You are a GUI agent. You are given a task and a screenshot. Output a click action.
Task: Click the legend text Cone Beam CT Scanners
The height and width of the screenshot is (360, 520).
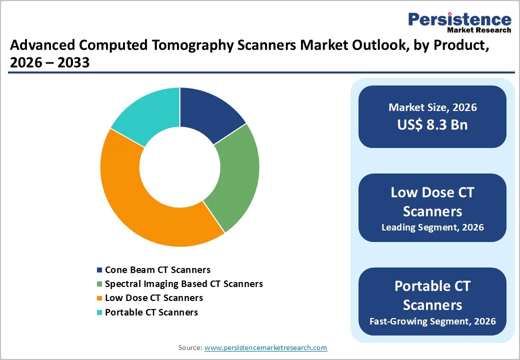tap(157, 270)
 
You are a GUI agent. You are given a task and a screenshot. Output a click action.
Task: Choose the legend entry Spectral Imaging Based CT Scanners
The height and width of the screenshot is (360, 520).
tap(183, 284)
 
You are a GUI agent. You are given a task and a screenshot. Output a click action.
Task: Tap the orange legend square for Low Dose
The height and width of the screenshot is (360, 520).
tap(99, 298)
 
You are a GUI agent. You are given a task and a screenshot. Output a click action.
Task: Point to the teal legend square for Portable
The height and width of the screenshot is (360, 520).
tap(99, 312)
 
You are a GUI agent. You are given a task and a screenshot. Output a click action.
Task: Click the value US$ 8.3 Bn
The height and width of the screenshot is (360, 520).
tap(432, 124)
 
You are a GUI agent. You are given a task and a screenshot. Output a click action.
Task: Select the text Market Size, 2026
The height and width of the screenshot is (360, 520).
tap(432, 107)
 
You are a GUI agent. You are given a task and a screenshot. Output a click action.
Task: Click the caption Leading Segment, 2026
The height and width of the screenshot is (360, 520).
tap(432, 227)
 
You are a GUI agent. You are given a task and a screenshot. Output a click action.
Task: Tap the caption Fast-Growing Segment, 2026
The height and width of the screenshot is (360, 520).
tap(432, 321)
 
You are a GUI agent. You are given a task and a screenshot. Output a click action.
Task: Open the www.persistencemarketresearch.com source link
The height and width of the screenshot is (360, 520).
tap(265, 347)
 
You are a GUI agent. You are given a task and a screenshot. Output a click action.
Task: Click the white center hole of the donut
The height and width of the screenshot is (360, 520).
tap(180, 166)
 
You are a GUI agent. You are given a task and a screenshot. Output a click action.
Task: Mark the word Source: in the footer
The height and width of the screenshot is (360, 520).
tap(190, 347)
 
